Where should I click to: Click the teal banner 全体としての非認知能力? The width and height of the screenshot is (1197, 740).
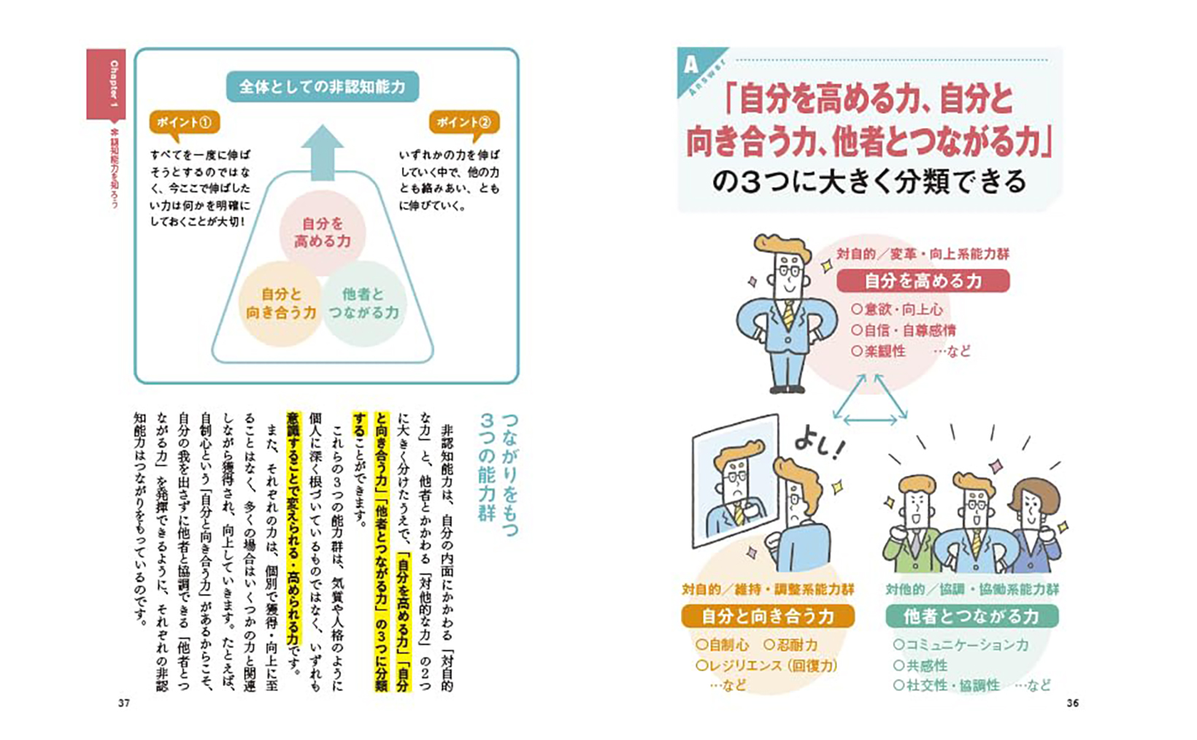pyautogui.click(x=322, y=87)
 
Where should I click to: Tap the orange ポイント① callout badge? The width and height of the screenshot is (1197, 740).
pyautogui.click(x=185, y=123)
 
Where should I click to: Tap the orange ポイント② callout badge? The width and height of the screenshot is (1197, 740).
pyautogui.click(x=464, y=123)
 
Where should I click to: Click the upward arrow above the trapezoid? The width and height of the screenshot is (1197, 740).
pyautogui.click(x=322, y=153)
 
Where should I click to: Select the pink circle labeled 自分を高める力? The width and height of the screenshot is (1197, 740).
pyautogui.click(x=322, y=232)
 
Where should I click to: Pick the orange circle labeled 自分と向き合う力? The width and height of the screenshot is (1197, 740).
pyautogui.click(x=281, y=304)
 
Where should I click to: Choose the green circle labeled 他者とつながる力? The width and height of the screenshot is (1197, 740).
pyautogui.click(x=364, y=304)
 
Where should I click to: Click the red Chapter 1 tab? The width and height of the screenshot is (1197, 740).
pyautogui.click(x=106, y=84)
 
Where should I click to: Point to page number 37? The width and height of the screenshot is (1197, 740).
pyautogui.click(x=124, y=703)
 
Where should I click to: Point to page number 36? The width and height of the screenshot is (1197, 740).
pyautogui.click(x=1072, y=703)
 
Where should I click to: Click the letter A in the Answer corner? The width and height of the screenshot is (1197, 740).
pyautogui.click(x=690, y=65)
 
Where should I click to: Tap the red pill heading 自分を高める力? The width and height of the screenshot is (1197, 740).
pyautogui.click(x=923, y=281)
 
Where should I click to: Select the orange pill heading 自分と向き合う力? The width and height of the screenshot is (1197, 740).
pyautogui.click(x=768, y=617)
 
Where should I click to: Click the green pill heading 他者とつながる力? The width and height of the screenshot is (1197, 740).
pyautogui.click(x=972, y=617)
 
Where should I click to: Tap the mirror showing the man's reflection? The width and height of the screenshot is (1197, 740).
pyautogui.click(x=735, y=482)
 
